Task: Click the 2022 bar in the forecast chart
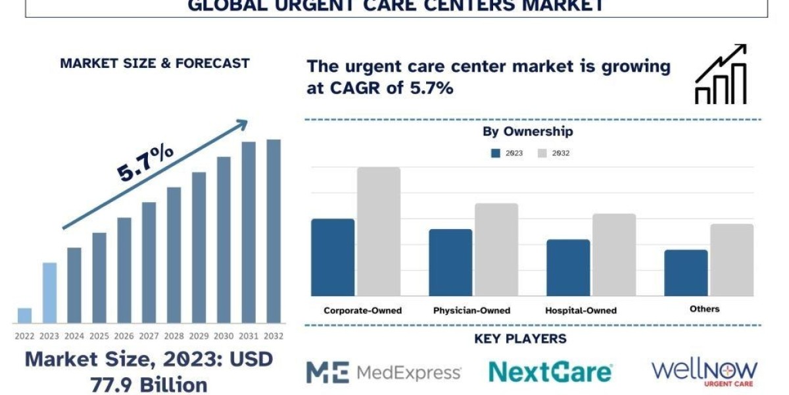24,315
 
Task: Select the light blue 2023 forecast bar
49,293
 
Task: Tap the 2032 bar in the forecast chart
274,231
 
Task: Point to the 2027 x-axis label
149,336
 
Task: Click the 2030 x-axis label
224,336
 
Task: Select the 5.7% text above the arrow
145,163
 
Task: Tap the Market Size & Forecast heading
155,63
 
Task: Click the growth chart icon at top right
721,74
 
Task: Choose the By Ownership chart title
528,132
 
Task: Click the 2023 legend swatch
496,153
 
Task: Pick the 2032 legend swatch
542,153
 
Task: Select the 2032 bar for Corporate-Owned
379,231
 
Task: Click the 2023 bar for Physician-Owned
450,262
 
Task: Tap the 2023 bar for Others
686,273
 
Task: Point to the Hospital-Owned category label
581,310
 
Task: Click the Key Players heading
520,339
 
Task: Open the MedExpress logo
384,373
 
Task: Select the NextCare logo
551,373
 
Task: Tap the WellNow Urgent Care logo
704,372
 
